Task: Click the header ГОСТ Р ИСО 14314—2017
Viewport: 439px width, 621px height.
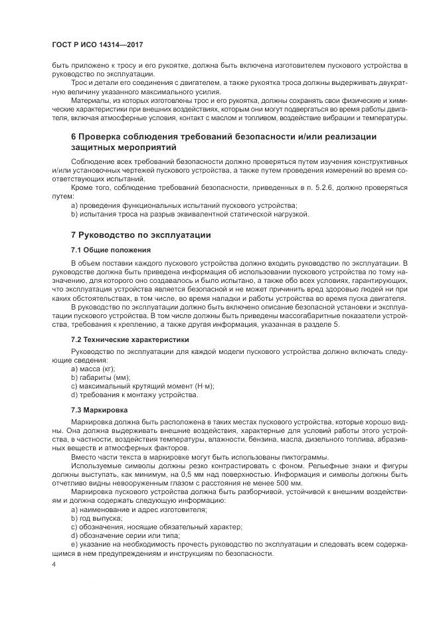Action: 98,45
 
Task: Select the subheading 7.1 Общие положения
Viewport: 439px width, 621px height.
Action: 110,250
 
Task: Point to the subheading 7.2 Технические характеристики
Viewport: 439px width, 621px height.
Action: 130,339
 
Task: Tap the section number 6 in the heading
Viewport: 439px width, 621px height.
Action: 74,136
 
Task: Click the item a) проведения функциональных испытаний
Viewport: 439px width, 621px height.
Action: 184,205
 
